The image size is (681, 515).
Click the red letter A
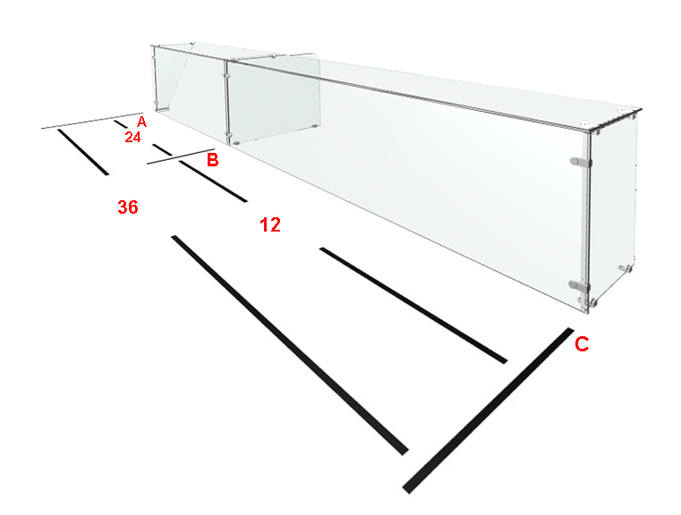click(141, 122)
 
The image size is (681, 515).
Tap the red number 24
click(133, 137)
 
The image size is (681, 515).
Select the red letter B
click(212, 160)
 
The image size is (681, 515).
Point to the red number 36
click(128, 207)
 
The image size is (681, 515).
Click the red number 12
click(270, 224)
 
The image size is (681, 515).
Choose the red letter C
click(582, 344)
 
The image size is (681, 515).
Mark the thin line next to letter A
click(92, 121)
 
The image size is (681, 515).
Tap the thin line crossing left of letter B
click(180, 156)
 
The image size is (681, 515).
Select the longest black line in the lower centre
click(290, 345)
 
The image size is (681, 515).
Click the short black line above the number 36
click(83, 152)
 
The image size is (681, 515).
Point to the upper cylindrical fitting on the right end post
click(581, 162)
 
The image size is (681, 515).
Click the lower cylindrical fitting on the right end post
click(579, 285)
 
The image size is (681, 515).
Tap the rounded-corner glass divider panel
click(274, 99)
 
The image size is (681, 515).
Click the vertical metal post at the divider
click(226, 102)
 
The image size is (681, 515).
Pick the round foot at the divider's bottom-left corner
click(236, 142)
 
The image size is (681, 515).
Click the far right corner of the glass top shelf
click(642, 109)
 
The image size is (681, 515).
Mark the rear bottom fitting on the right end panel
click(626, 268)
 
